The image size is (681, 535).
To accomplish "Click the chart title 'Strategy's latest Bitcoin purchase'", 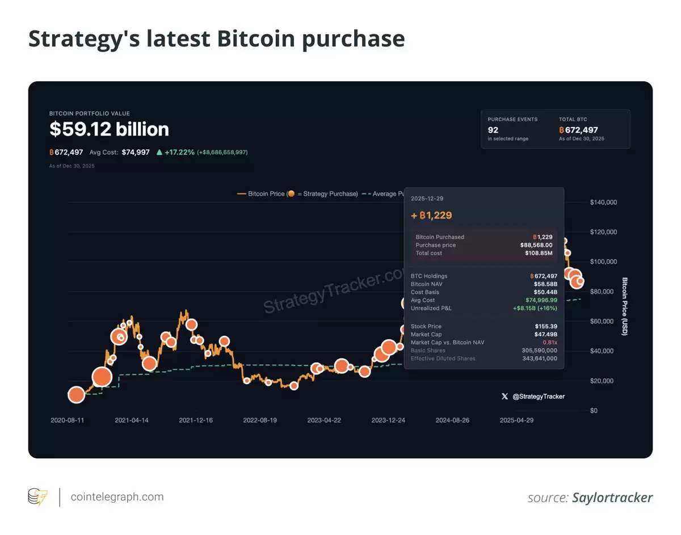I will pyautogui.click(x=216, y=39).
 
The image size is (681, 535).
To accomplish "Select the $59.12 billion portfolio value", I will pyautogui.click(x=109, y=129).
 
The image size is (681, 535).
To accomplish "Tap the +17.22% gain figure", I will pyautogui.click(x=179, y=152).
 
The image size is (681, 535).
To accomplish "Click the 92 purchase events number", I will pyautogui.click(x=494, y=130).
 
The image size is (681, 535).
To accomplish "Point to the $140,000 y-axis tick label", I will pyautogui.click(x=603, y=203).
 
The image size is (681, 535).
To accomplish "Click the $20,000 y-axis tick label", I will pyautogui.click(x=602, y=381).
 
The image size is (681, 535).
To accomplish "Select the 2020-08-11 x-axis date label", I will pyautogui.click(x=68, y=420).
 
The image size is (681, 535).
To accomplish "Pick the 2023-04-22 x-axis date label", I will pyautogui.click(x=324, y=420).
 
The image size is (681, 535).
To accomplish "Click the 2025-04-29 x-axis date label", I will pyautogui.click(x=516, y=420).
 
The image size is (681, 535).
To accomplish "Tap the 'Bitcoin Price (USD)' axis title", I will pyautogui.click(x=625, y=306).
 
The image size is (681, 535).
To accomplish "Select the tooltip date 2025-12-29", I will pyautogui.click(x=427, y=198).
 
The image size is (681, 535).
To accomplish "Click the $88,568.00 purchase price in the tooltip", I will pyautogui.click(x=536, y=245).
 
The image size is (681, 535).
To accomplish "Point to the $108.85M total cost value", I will pyautogui.click(x=541, y=253).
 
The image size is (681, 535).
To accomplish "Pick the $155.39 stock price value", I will pyautogui.click(x=546, y=326).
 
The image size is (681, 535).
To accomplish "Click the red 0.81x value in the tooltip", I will pyautogui.click(x=550, y=343).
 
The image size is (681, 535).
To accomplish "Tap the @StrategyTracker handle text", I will pyautogui.click(x=538, y=397).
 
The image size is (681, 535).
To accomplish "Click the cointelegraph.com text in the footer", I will pyautogui.click(x=117, y=497).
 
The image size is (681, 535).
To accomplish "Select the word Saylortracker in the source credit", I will pyautogui.click(x=612, y=498).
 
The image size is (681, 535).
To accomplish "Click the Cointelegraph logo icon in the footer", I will pyautogui.click(x=38, y=497).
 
